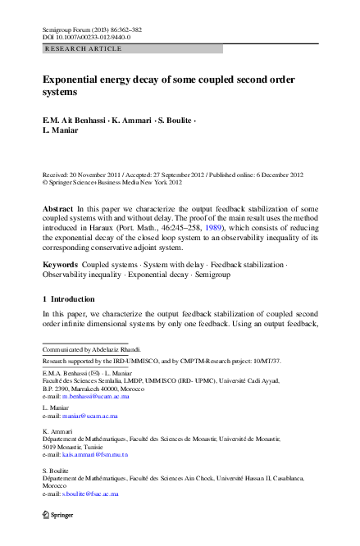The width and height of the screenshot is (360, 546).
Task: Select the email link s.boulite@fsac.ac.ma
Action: click(x=90, y=495)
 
